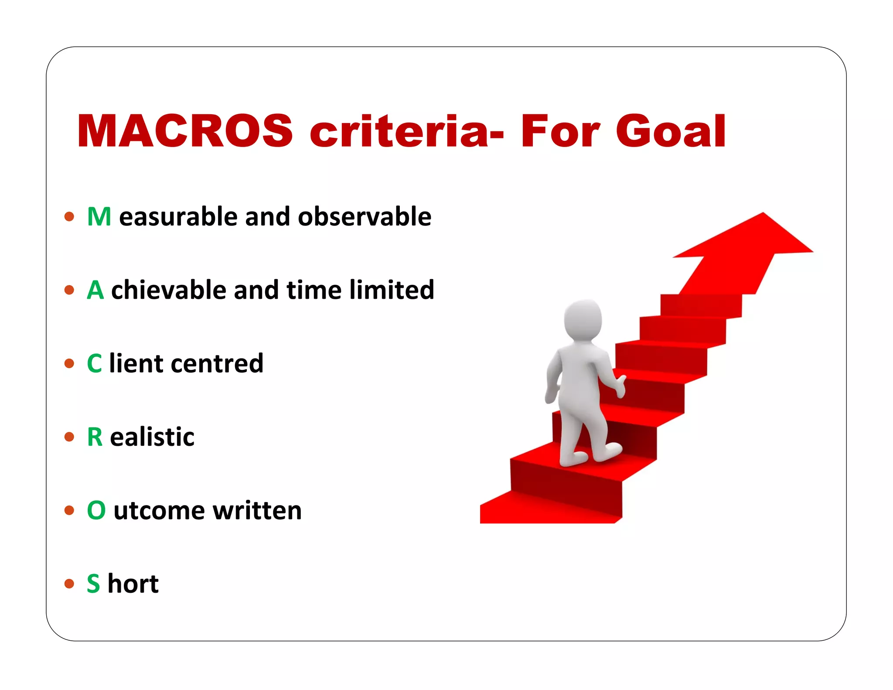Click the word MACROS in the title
[x=185, y=131]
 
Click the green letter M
[x=99, y=217]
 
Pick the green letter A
[x=95, y=290]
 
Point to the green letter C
[x=94, y=363]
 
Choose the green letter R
[x=95, y=437]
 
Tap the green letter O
[x=96, y=510]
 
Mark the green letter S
[x=93, y=584]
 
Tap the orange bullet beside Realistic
[x=69, y=437]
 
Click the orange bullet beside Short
[x=69, y=584]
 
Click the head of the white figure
[x=583, y=320]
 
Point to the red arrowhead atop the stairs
[x=750, y=238]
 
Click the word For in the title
[x=560, y=131]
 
